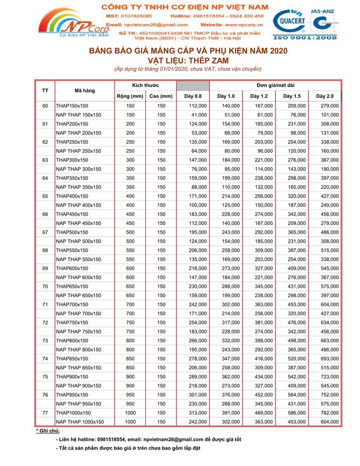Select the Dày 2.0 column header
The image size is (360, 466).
[x=325, y=96]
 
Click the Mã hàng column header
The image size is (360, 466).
[x=84, y=91]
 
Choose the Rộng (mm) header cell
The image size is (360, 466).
[x=130, y=96]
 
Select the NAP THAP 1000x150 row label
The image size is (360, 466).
[x=80, y=423]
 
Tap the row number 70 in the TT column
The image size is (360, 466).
[x=45, y=286]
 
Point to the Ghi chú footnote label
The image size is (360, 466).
[x=48, y=431]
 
